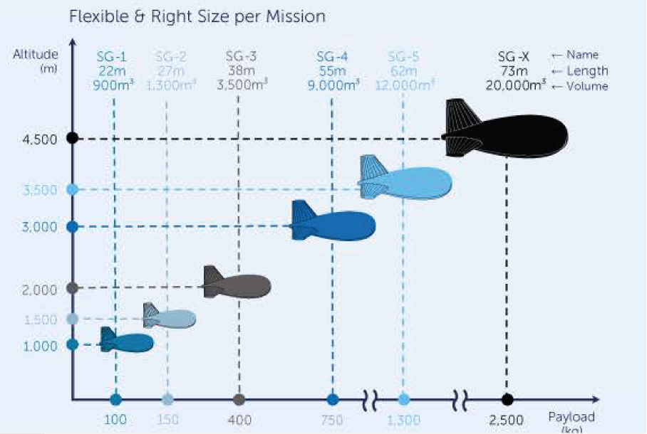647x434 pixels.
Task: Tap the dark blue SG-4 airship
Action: click(x=338, y=223)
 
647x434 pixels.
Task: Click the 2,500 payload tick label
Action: click(x=506, y=420)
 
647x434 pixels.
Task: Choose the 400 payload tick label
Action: click(x=239, y=420)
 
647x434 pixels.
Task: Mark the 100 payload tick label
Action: click(x=115, y=420)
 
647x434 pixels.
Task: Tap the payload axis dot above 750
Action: click(x=332, y=399)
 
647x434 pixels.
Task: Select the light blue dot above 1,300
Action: click(x=403, y=399)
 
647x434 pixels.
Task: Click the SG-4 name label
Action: click(x=332, y=57)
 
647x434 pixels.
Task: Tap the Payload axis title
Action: click(x=571, y=418)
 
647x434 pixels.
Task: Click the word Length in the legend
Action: click(x=588, y=70)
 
